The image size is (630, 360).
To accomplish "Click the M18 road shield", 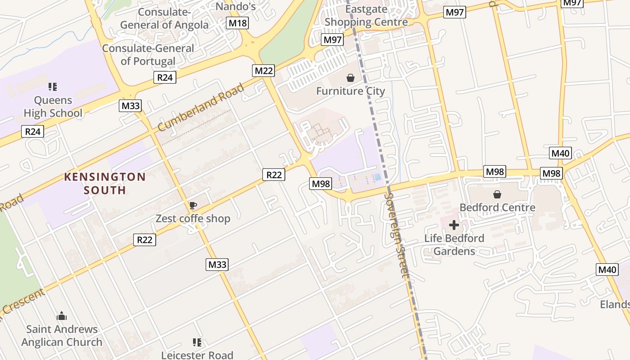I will pos(237,23).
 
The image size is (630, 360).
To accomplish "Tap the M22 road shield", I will pos(264,70).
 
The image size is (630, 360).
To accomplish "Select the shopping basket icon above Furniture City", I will pos(351,78).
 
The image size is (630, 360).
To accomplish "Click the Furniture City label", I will pos(351,91).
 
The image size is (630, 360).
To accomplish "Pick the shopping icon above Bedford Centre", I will pos(497,194).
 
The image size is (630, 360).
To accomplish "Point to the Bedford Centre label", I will pos(497,207).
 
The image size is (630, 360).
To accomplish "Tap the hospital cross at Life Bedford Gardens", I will pos(454,225).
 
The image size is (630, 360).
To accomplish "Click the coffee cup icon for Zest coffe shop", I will pos(193,206).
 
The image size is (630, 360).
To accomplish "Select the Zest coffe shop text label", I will pos(193,219).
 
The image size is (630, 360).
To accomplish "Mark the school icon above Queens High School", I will pos(53,86).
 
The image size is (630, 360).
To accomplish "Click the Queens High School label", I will pos(53,107).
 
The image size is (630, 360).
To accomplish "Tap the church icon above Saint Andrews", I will pos(62,316).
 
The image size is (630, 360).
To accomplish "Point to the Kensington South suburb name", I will pos(105,183).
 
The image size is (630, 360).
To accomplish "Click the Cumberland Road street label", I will pos(201,107).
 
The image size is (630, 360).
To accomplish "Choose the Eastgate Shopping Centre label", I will pos(366,15).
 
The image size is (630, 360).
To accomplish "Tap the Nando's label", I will pos(235,6).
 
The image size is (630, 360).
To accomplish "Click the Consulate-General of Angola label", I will pos(164,18).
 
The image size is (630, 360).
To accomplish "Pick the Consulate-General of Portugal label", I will pos(148,54).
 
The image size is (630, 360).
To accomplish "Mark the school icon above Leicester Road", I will pos(197,342).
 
